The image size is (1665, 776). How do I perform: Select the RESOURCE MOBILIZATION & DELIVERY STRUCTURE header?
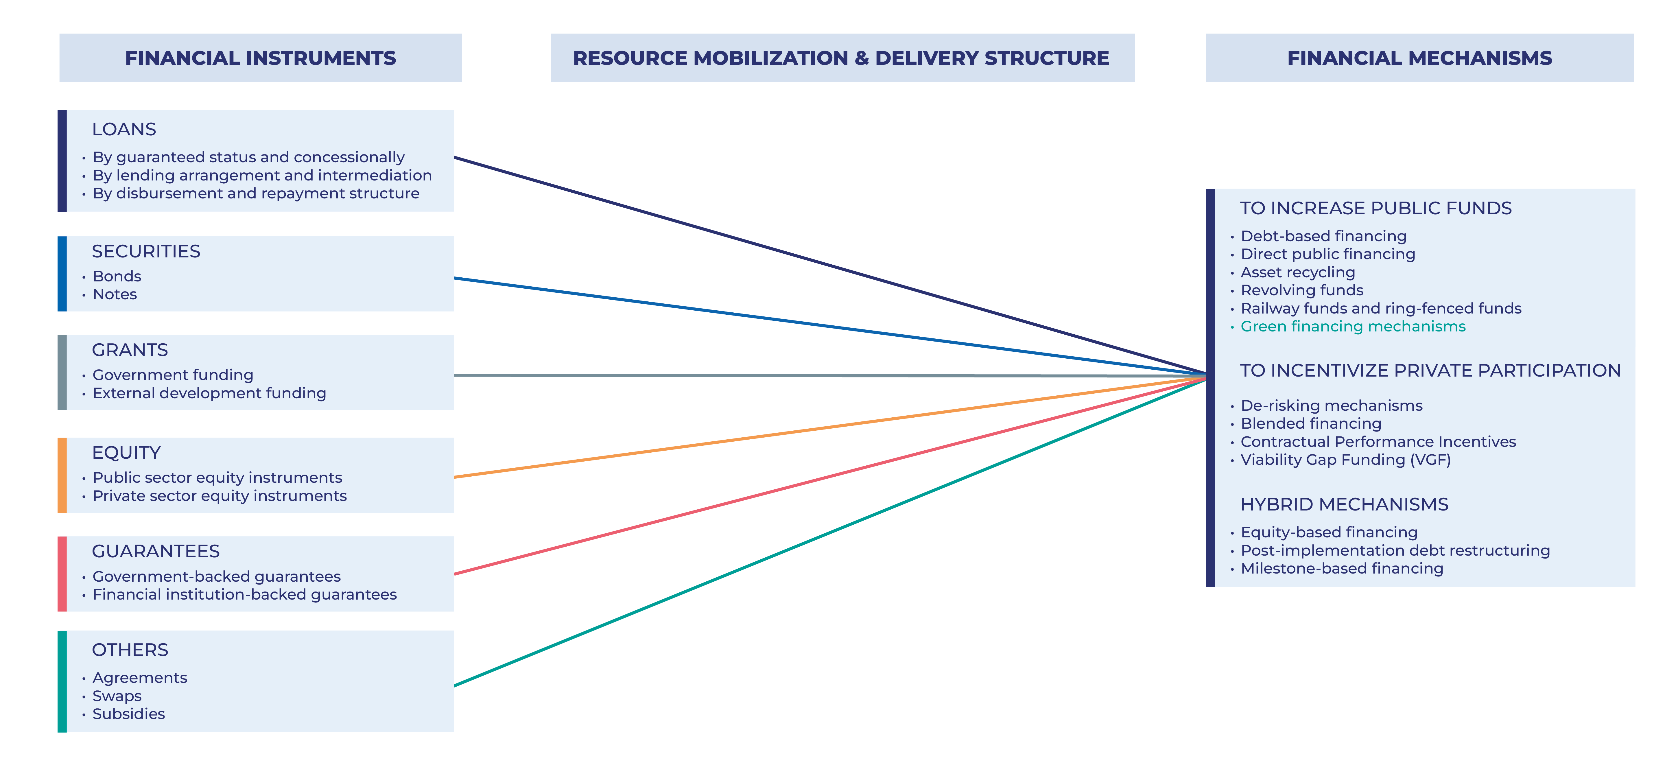coord(842,58)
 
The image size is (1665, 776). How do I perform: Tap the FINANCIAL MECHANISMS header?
coord(1419,58)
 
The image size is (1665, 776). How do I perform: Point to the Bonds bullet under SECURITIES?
coord(117,277)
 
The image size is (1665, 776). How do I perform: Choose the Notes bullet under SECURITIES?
coord(115,295)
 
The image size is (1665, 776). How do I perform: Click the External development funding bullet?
coord(209,393)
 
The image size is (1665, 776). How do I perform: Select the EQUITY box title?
coord(126,453)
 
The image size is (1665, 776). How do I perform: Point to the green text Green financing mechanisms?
coord(1353,327)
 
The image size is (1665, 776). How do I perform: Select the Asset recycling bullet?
coord(1298,273)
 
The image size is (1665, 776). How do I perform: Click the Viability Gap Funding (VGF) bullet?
coord(1346,460)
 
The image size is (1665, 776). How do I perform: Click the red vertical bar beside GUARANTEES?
coord(62,574)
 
